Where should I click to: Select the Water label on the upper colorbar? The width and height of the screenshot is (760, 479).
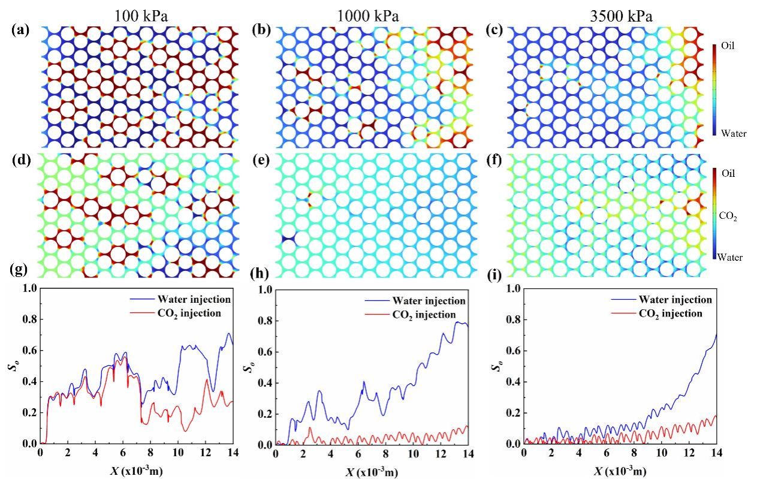click(x=735, y=133)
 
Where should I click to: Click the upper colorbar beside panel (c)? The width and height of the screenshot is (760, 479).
click(x=716, y=90)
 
